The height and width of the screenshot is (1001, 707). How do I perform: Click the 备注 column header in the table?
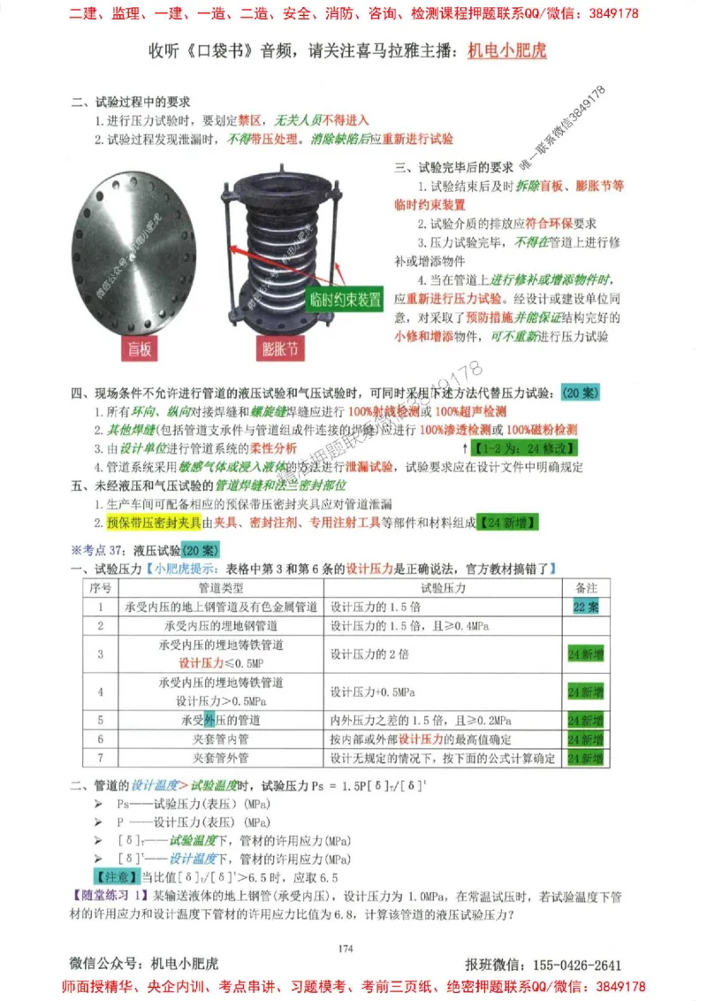[x=586, y=587]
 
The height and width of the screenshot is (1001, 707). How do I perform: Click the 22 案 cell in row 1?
[x=586, y=607]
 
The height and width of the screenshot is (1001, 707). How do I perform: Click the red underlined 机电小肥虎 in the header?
[x=506, y=50]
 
